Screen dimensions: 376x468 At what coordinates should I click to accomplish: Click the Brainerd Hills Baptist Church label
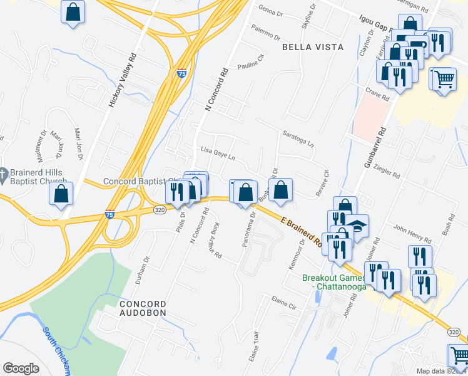(34, 179)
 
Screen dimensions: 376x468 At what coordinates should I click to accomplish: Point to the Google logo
(21, 368)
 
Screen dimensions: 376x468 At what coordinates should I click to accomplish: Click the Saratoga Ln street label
(298, 141)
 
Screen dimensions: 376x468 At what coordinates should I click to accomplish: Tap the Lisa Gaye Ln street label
(218, 153)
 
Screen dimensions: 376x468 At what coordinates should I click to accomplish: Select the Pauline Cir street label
(252, 66)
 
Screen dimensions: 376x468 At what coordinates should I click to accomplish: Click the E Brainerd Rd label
(302, 231)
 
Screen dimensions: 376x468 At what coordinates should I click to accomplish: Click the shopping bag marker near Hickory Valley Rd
(73, 11)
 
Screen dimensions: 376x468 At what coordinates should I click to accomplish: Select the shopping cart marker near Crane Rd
(444, 80)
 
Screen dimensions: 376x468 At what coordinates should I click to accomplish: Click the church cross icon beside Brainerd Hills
(4, 174)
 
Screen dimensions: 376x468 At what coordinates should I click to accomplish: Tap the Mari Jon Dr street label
(79, 144)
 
